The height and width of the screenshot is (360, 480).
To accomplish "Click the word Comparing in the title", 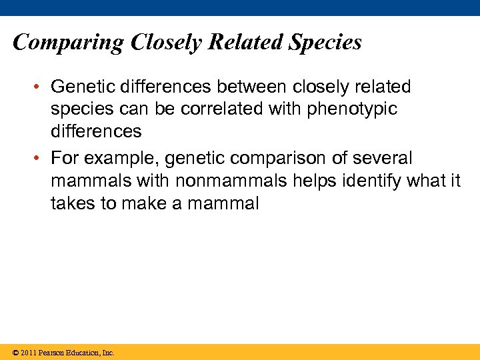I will coord(68,43).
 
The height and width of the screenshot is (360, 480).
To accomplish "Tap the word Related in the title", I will coord(245,43).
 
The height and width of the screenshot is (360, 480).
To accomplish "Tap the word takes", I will coord(73,203).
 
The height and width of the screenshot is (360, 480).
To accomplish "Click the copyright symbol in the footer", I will coord(15,353).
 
